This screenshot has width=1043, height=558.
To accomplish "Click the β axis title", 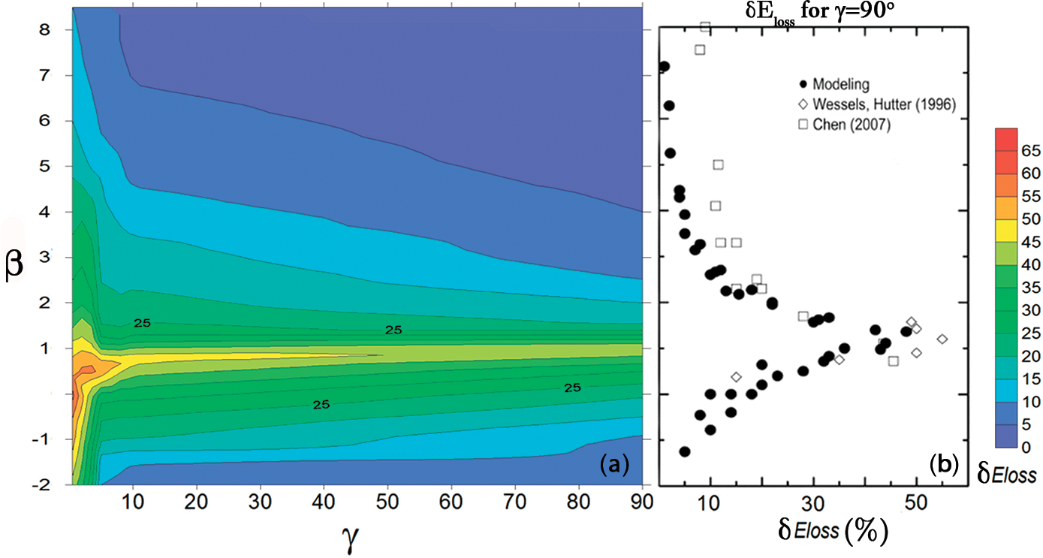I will point(14,267).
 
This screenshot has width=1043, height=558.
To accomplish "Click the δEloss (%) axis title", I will point(833,533).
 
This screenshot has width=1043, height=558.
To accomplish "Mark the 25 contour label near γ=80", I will point(573,388).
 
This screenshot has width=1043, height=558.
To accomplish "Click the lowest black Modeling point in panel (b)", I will point(684,451).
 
